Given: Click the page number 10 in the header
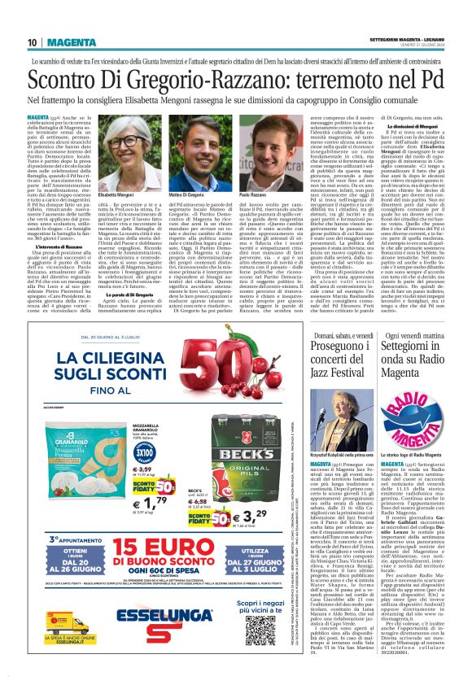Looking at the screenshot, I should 32,42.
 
